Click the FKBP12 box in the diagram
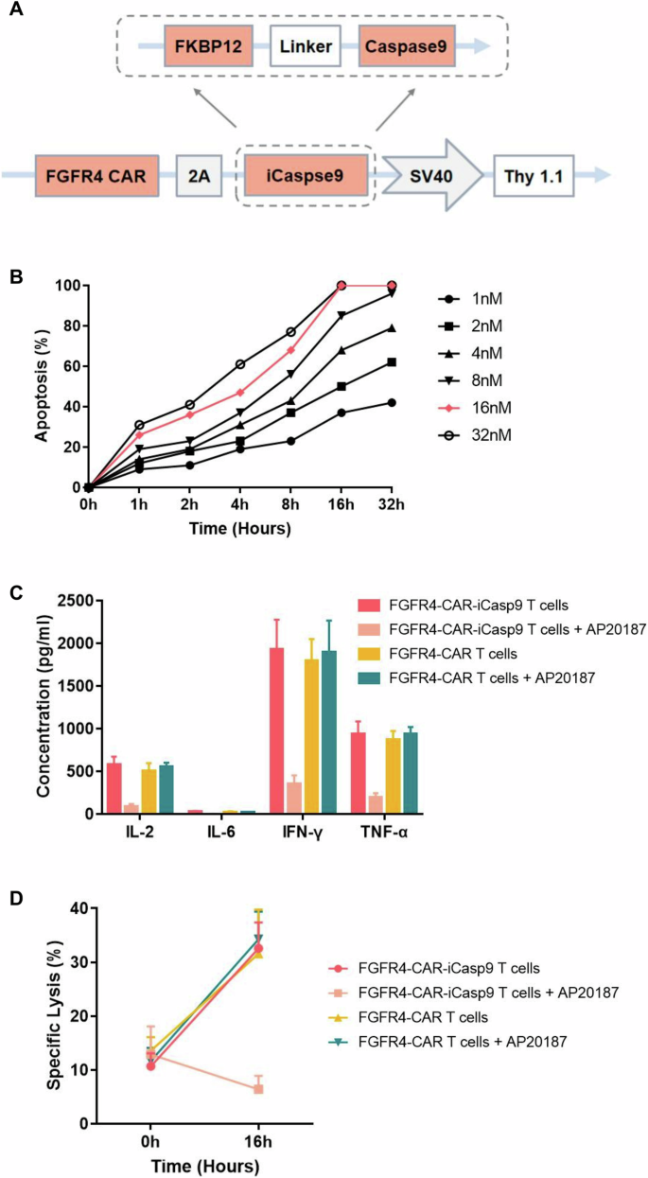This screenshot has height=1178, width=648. click(x=207, y=44)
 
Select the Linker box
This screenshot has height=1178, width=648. click(x=306, y=44)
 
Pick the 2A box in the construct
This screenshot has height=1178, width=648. click(x=200, y=176)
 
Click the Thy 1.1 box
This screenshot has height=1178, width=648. click(x=534, y=176)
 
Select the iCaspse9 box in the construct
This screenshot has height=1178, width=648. click(x=306, y=176)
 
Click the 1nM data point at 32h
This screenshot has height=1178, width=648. click(x=391, y=402)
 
